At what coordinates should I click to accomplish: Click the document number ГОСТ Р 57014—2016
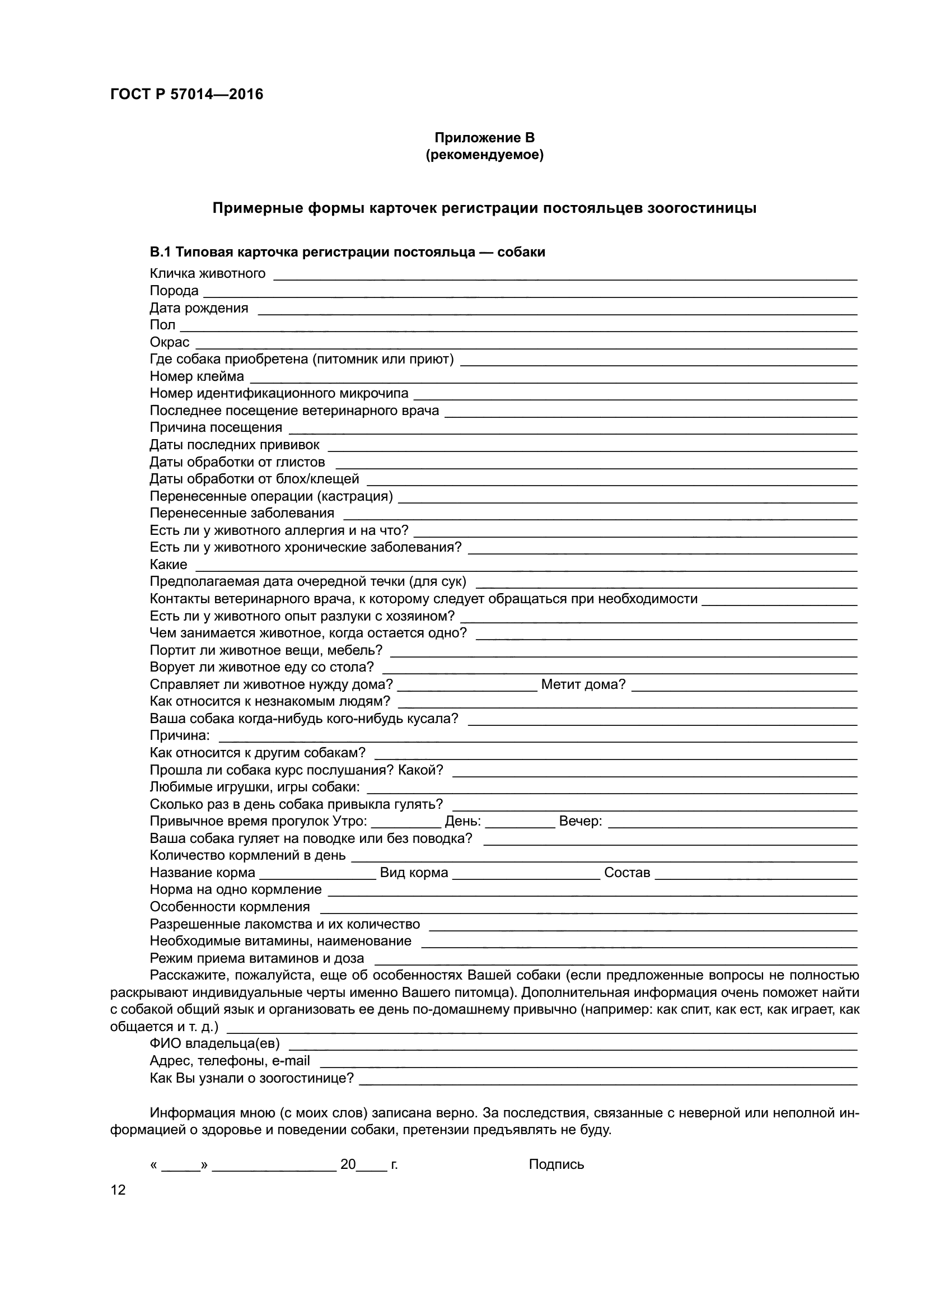[x=186, y=95]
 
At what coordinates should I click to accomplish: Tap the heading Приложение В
[x=484, y=138]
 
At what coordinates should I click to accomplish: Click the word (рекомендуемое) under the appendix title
[x=484, y=155]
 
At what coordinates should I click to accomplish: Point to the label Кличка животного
[x=208, y=274]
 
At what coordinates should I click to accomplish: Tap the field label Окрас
[x=169, y=342]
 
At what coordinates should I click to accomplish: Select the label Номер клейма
[x=197, y=376]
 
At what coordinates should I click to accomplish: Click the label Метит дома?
[x=583, y=684]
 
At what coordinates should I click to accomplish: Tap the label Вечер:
[x=581, y=821]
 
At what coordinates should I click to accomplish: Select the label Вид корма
[x=414, y=873]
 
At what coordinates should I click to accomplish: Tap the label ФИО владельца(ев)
[x=215, y=1043]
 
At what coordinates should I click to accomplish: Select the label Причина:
[x=180, y=735]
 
